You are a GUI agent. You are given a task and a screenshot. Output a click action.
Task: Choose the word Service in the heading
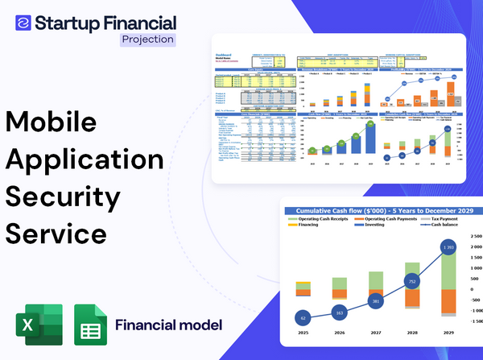tap(56, 233)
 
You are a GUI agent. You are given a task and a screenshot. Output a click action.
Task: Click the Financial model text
tap(168, 325)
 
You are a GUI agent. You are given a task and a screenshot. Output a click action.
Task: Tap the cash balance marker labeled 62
tap(302, 318)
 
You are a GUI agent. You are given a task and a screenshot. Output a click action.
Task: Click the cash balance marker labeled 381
tap(375, 302)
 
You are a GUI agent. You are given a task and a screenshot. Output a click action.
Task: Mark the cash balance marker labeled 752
tap(411, 282)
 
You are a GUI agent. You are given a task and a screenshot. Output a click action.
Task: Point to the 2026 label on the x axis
tap(339, 333)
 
